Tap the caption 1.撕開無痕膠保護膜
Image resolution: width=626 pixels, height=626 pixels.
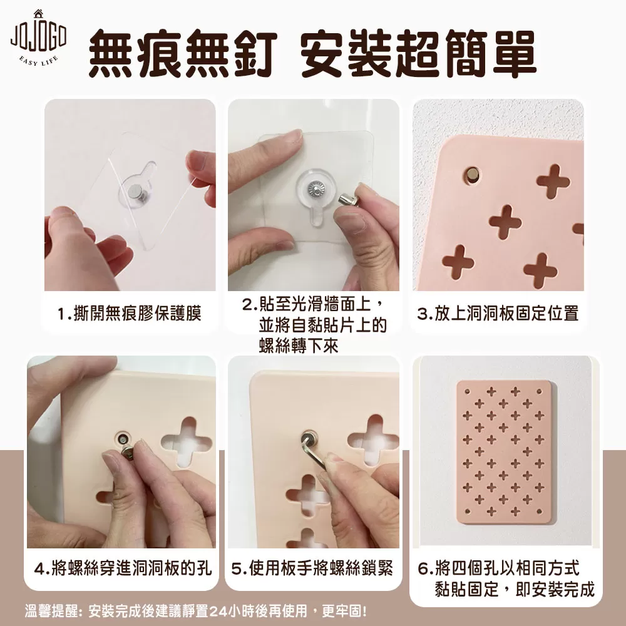(129, 314)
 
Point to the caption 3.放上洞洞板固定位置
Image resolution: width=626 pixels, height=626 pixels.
(498, 314)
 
